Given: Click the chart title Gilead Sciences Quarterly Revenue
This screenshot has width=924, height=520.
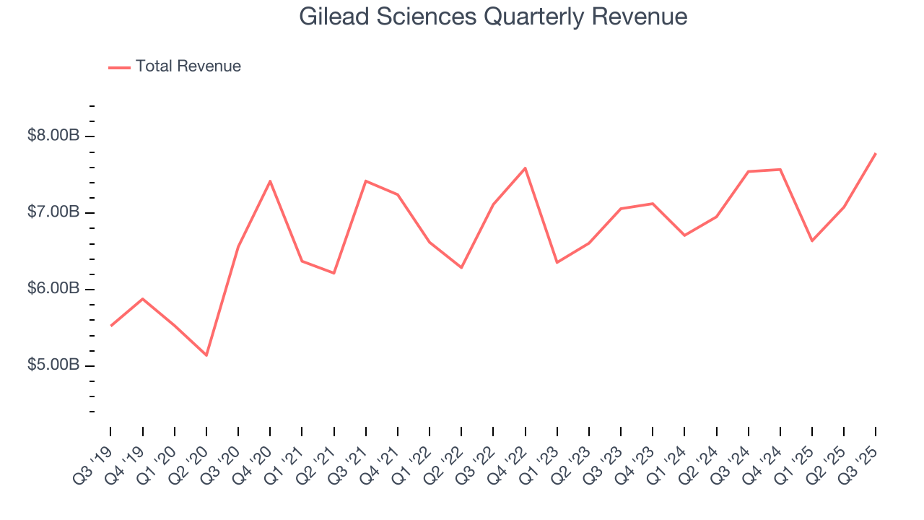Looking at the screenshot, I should tap(493, 17).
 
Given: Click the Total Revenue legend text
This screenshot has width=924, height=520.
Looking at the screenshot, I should tap(188, 66).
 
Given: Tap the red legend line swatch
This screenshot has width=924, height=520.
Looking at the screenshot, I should tap(119, 67).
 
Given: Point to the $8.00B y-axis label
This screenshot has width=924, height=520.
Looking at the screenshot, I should tap(53, 136).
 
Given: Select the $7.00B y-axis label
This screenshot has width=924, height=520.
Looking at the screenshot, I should tap(53, 212).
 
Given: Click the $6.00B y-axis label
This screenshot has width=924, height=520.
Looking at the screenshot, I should tap(53, 289).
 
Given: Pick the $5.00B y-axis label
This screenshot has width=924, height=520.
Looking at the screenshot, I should tap(53, 365).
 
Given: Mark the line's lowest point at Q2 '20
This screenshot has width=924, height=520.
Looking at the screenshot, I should tap(206, 355).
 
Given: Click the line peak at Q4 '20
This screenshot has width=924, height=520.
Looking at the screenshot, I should tap(270, 181).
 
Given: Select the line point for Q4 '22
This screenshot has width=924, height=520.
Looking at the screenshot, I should tap(525, 168).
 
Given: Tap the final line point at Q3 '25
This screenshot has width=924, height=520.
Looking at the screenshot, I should tap(875, 153).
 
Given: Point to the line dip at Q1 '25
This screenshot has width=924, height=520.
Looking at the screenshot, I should tap(812, 240).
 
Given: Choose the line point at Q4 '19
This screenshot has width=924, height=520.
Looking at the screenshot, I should tap(143, 299).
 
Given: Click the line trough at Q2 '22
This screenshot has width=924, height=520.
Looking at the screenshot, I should tap(461, 267).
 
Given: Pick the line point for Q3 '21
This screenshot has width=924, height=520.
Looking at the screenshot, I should tap(366, 181).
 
